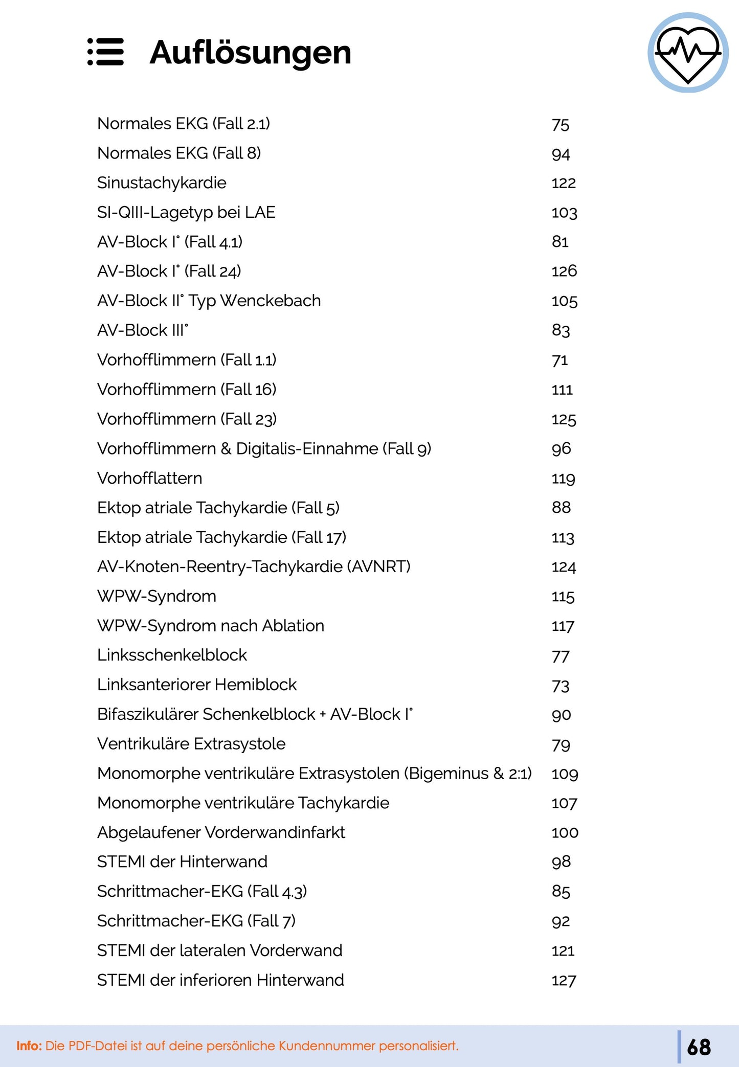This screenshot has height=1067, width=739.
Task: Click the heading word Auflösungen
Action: (250, 53)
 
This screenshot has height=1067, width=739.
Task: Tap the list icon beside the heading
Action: (105, 52)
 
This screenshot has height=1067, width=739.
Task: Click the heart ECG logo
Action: (688, 53)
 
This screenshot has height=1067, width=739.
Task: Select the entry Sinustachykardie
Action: (162, 183)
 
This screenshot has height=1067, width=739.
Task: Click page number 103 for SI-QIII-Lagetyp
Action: (564, 213)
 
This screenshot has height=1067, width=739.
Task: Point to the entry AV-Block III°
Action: (143, 330)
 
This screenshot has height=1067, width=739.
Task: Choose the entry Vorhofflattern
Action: (149, 478)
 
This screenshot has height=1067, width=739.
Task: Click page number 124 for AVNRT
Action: (564, 567)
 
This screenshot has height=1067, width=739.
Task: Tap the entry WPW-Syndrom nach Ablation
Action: (210, 626)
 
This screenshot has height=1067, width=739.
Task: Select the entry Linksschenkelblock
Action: (172, 655)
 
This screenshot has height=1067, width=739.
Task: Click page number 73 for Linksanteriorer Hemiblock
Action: (561, 686)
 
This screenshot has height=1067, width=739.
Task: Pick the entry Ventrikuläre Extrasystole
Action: (191, 744)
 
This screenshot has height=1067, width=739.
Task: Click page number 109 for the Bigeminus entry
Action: (565, 774)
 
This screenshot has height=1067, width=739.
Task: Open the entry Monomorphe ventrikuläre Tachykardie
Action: (243, 803)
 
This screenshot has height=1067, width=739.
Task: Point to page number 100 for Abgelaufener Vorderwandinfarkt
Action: (565, 833)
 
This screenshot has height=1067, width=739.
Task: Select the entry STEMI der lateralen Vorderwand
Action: (219, 950)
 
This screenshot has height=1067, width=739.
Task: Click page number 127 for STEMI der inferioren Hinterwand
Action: (564, 981)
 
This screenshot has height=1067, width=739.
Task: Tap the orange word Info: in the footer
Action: (29, 1046)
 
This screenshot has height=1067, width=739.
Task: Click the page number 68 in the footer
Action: (699, 1047)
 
